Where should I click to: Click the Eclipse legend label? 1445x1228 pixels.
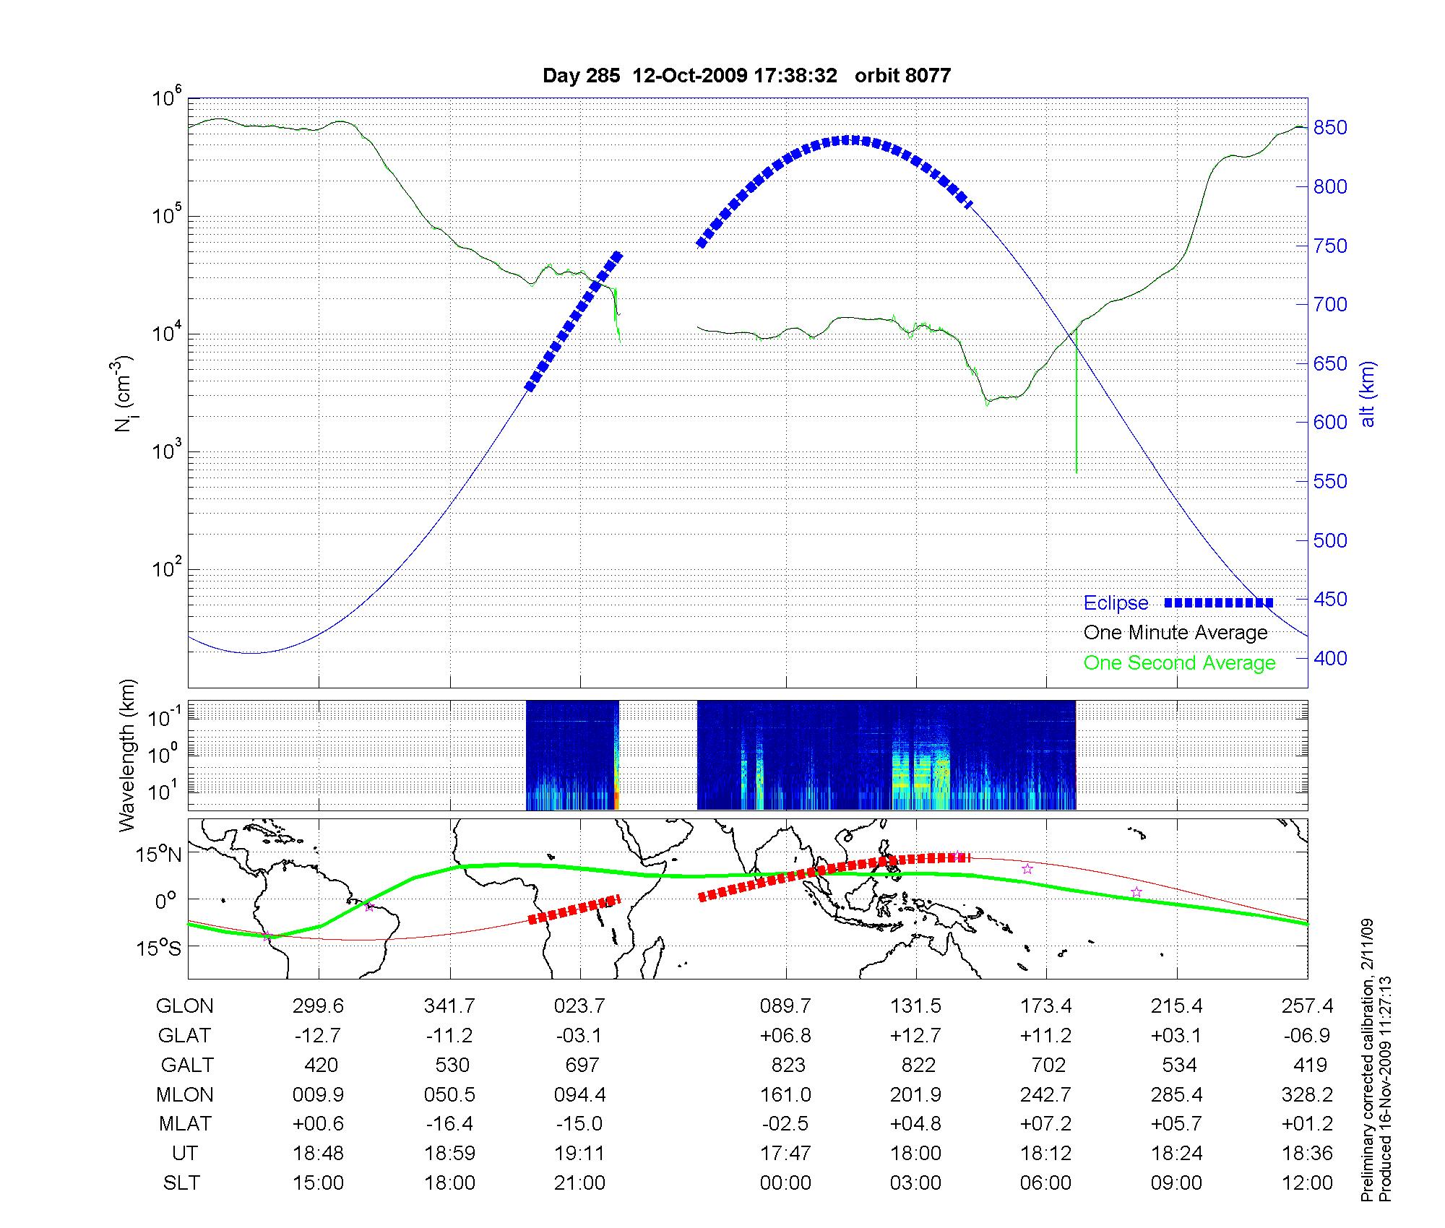click(1116, 603)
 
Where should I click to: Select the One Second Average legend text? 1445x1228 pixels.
click(1179, 663)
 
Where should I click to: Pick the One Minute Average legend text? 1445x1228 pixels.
click(1176, 633)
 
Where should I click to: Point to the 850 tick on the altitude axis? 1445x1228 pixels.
click(1330, 128)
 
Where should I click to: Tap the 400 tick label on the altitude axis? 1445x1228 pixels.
click(1330, 658)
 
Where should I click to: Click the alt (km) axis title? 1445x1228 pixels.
click(1368, 394)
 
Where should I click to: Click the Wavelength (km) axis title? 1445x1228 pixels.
click(127, 756)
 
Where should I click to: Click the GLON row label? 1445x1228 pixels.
click(185, 1006)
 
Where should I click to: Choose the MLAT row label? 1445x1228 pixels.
click(185, 1124)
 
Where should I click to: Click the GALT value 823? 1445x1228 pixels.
click(788, 1065)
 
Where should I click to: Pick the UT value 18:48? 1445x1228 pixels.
click(319, 1154)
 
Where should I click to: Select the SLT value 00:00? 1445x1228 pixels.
click(785, 1183)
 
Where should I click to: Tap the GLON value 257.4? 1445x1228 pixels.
click(1308, 1006)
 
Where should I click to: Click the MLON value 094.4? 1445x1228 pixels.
click(580, 1095)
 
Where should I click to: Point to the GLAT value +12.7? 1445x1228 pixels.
click(916, 1036)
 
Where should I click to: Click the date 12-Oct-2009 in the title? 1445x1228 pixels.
click(690, 75)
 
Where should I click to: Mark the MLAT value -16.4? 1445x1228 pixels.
click(449, 1124)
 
